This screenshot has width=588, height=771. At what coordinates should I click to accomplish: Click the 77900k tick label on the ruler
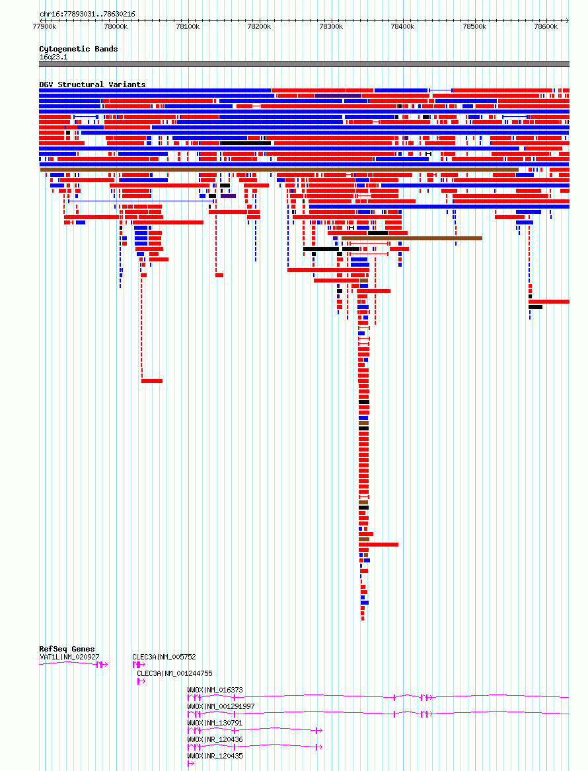[44, 26]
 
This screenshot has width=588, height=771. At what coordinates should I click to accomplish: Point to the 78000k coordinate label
[116, 26]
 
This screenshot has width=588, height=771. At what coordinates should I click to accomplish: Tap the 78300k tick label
[331, 26]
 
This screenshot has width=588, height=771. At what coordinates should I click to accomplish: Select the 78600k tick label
[546, 26]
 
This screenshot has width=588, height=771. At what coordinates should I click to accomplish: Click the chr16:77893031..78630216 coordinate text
[87, 15]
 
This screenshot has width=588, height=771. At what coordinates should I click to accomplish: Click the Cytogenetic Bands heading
[78, 49]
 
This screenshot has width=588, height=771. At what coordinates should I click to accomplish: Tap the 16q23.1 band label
[54, 57]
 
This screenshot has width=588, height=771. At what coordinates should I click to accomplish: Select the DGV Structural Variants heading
[92, 84]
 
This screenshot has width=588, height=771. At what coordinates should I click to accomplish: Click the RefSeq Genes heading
[67, 649]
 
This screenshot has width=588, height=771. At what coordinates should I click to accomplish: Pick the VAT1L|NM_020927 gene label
[69, 657]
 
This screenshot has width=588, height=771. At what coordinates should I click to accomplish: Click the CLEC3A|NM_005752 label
[164, 657]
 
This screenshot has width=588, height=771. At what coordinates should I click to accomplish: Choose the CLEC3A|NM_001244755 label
[174, 674]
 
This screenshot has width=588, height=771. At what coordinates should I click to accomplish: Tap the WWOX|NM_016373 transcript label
[215, 690]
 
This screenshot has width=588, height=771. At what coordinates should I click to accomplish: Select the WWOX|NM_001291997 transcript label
[221, 706]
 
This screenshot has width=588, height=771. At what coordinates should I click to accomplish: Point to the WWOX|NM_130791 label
[215, 723]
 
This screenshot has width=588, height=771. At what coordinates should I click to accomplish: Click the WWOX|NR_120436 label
[215, 739]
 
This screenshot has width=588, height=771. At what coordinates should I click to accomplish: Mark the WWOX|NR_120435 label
[215, 756]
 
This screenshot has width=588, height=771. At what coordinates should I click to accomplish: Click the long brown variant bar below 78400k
[412, 238]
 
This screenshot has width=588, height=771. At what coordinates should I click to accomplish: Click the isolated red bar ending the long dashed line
[151, 381]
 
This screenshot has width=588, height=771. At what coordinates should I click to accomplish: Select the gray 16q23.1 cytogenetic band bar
[304, 64]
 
